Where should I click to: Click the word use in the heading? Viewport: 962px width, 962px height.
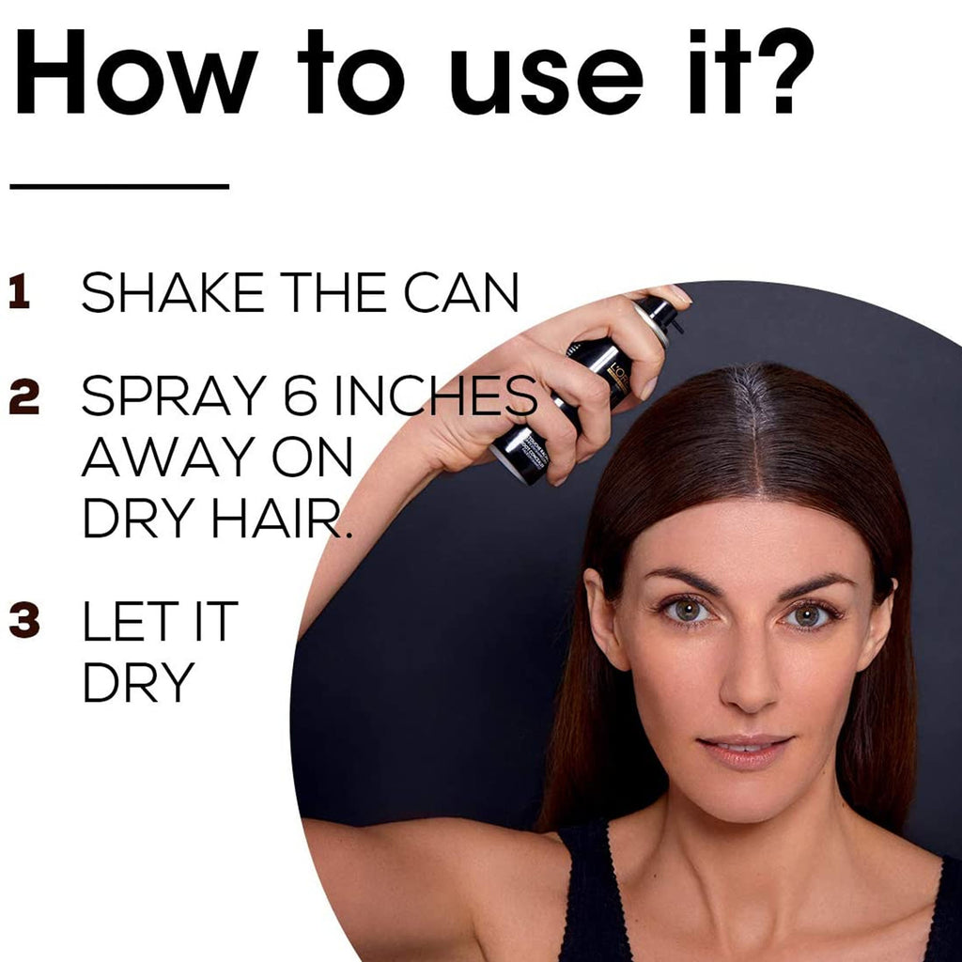pos(547,81)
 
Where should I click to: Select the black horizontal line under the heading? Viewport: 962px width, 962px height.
pos(119,186)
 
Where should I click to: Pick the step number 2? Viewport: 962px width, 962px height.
pos(23,396)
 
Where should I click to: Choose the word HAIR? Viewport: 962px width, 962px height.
pos(281,519)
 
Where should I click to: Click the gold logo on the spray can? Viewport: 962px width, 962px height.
pos(618,376)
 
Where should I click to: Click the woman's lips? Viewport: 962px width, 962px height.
pos(744,751)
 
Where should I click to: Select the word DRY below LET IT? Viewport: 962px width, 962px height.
pos(139,682)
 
